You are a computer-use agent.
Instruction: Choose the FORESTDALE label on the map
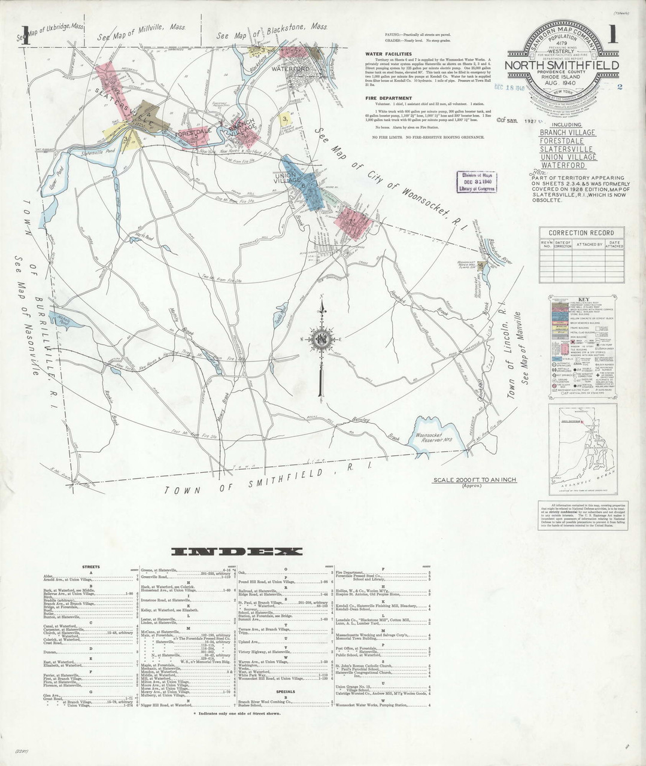tap(192, 132)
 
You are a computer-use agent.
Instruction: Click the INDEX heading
tap(236, 551)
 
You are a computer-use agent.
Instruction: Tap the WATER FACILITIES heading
tap(387, 54)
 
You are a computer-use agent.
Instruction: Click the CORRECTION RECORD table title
tap(581, 233)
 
